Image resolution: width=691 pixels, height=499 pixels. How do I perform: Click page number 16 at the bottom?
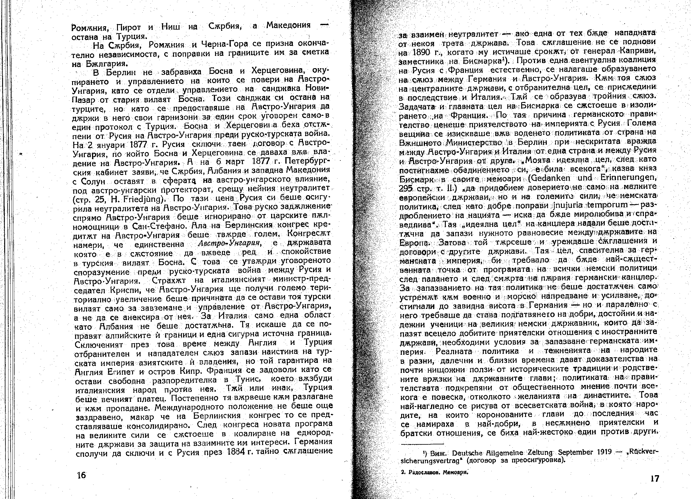(x=82, y=475)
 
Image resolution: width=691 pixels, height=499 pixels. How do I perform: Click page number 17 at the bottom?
(x=655, y=478)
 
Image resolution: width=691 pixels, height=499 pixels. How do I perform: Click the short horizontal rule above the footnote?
(x=422, y=443)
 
